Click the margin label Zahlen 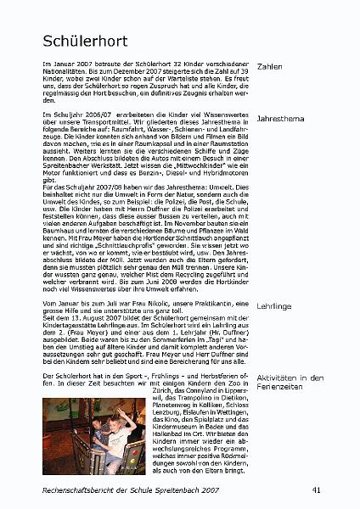(270, 66)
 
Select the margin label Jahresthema (281, 120)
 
